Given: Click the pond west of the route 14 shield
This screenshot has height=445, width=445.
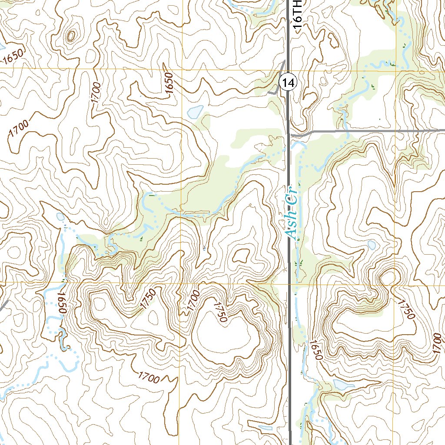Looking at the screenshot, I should click(x=195, y=112).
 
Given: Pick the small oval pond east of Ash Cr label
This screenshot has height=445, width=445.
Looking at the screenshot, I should click(x=372, y=245).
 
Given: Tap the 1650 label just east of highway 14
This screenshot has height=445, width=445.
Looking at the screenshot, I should click(x=316, y=350).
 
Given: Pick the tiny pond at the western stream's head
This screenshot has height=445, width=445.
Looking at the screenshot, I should click(x=60, y=216).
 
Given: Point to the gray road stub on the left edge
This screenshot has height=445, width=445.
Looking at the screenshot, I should click(x=3, y=306).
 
